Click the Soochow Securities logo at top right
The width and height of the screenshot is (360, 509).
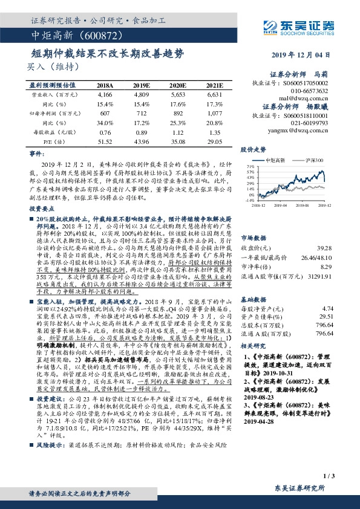(303, 26)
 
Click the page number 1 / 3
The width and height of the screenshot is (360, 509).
(330, 478)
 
